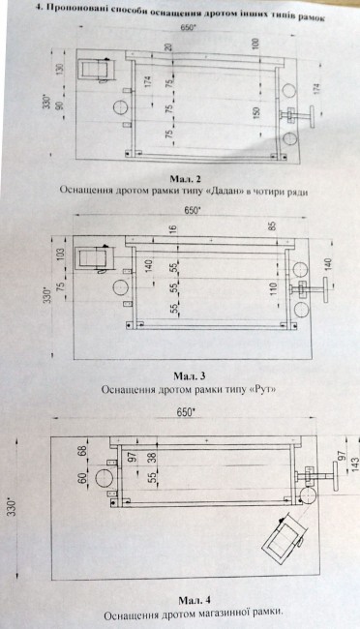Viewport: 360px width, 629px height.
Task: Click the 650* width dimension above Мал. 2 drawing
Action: coord(186,30)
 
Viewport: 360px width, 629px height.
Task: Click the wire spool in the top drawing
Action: coord(99,70)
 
